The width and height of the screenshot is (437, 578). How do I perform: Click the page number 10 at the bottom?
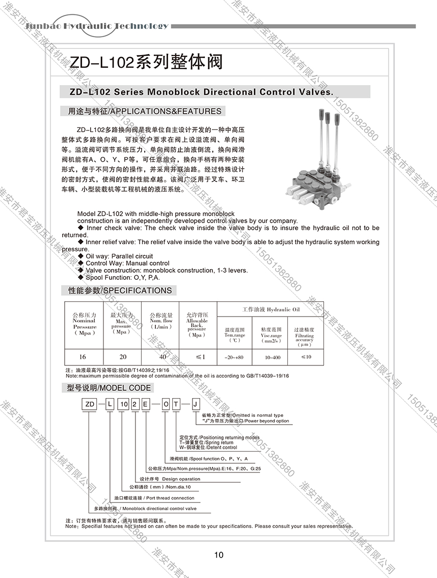[218, 555]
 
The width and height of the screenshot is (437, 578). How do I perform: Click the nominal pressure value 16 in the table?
[84, 356]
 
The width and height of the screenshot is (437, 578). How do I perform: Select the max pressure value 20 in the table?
[122, 356]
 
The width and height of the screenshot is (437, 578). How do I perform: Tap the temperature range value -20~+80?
[235, 357]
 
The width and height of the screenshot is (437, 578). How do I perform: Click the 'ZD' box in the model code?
[90, 404]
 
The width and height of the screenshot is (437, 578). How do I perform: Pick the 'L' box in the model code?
[109, 404]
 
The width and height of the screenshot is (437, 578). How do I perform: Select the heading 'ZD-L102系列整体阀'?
[145, 62]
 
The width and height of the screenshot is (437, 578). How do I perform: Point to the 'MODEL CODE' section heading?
[109, 388]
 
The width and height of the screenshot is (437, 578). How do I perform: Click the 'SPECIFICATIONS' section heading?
[120, 291]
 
